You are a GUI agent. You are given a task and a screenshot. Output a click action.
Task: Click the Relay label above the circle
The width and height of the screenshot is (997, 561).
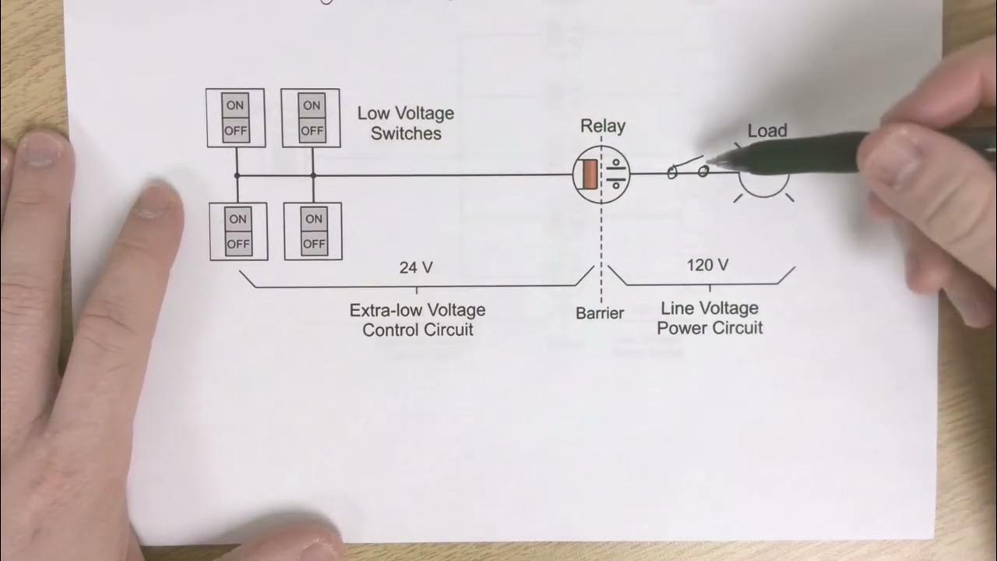coord(602,126)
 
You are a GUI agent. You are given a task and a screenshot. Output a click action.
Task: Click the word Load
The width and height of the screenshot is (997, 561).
coord(767,131)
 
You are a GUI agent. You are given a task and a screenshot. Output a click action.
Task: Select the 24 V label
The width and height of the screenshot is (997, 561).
coord(416,267)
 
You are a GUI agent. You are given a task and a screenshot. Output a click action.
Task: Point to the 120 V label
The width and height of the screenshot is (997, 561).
coord(707,265)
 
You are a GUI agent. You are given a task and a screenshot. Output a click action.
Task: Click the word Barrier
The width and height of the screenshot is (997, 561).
coord(600,313)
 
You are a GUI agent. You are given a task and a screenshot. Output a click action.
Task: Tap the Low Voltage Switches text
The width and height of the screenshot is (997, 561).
coord(405,123)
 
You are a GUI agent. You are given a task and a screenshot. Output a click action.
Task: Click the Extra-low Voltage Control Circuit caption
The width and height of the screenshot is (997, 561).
coord(417,319)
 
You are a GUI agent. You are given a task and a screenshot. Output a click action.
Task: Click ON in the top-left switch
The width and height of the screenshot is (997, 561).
coord(235,105)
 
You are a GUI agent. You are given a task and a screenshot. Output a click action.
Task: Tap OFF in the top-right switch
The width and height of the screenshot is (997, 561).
coord(312,130)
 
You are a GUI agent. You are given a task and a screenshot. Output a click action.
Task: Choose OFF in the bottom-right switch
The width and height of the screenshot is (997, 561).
coord(313,244)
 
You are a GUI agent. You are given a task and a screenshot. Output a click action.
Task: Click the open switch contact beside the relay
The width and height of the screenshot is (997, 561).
coord(688,169)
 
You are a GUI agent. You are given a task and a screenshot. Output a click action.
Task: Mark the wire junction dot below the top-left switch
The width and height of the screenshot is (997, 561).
coord(237,176)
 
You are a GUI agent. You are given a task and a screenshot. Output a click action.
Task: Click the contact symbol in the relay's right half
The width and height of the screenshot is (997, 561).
coord(616,175)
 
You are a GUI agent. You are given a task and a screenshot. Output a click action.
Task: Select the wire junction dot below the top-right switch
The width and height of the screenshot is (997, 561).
coord(312,176)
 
